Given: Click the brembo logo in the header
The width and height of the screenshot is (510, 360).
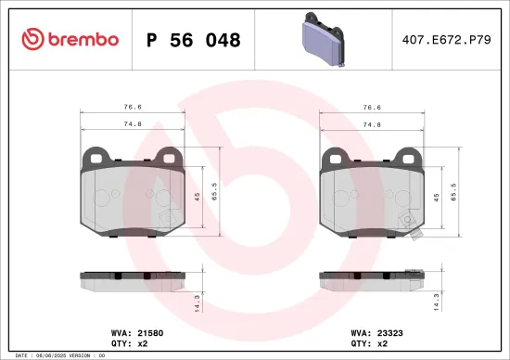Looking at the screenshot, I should coord(70,39).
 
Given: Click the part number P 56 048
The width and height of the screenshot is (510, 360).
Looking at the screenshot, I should coord(194,40).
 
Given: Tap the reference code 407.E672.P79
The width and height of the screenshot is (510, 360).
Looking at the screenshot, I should coord(446,40).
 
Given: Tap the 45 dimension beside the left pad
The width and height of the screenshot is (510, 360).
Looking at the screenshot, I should coord(196,196).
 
